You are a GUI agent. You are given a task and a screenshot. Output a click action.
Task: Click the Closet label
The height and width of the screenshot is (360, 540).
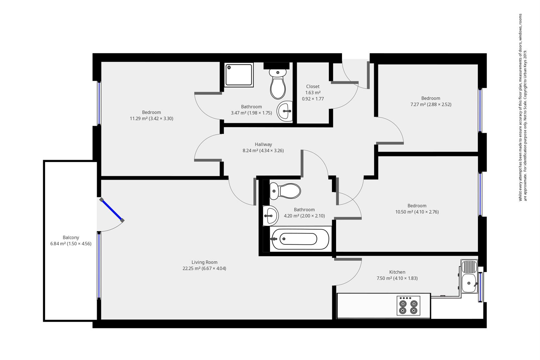coord(313,87)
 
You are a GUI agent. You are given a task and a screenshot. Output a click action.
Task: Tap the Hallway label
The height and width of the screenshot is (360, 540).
coord(263,144)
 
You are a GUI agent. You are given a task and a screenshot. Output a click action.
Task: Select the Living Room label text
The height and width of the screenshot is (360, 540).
coord(204,262)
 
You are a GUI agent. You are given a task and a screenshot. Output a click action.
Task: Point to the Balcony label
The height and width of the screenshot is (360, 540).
coord(71,238)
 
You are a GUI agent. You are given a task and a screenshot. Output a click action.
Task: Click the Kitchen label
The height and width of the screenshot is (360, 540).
coord(397,272)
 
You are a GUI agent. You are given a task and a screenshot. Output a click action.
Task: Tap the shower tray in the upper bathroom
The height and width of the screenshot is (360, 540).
coord(239,75)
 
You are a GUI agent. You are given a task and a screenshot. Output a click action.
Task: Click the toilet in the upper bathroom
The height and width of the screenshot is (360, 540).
coord(278,85)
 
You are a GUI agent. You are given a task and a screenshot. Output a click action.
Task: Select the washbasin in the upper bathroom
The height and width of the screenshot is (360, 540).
coord(285,111)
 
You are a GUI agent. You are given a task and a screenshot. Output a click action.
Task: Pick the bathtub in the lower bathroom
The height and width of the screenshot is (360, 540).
coord(300,239)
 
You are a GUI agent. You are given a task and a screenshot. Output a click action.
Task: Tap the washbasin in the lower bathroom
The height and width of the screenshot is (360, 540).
coord(270,215)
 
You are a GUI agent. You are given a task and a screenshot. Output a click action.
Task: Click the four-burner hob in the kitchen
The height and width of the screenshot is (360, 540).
coord(408,306)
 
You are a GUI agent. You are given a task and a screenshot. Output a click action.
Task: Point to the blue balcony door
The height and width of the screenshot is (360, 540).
coord(112,210)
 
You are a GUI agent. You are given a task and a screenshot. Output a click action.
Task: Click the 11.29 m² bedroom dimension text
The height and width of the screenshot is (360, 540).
coord(151,118)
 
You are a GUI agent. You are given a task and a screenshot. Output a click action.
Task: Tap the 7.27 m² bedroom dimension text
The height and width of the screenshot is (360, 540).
coord(431,104)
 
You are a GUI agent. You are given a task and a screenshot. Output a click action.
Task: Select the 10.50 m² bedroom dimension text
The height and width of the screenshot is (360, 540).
coord(417,212)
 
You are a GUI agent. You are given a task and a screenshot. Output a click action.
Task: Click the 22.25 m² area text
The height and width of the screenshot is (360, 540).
coord(204,268)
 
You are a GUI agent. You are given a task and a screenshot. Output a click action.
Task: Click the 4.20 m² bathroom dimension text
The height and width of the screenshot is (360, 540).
coord(304,216)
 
